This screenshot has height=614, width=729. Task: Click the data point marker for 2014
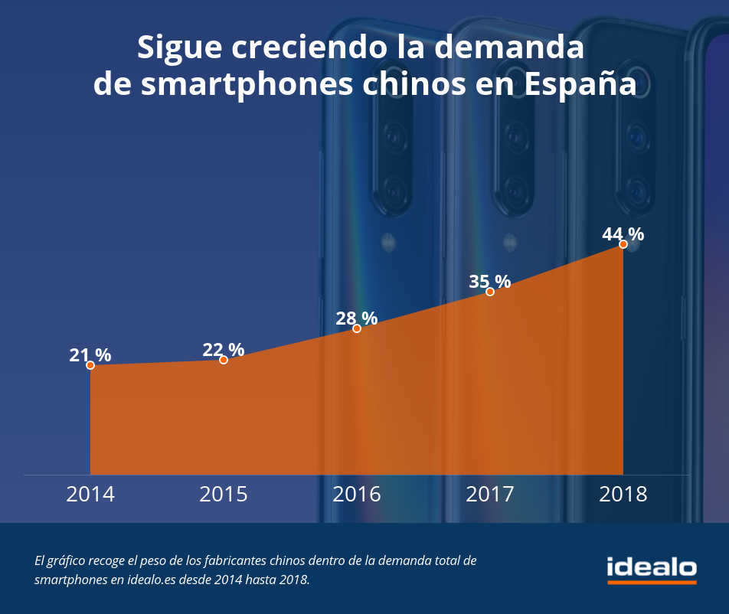90,365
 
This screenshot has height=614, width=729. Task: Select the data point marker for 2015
224,360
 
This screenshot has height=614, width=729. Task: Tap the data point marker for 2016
357,328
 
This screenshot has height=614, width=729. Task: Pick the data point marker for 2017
490,292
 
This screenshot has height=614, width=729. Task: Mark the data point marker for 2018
623,244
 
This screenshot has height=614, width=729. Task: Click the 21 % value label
90,355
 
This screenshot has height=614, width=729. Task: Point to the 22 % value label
224,350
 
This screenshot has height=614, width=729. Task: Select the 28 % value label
357,318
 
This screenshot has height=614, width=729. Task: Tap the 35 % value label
490,282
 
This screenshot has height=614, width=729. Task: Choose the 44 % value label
623,234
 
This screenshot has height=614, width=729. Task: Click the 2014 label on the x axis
90,494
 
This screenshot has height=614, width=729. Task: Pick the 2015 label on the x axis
224,494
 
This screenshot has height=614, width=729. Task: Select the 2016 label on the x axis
357,494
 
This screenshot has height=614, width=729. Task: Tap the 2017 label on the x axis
490,494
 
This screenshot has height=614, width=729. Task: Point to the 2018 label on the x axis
623,494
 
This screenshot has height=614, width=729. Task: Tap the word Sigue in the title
178,48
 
